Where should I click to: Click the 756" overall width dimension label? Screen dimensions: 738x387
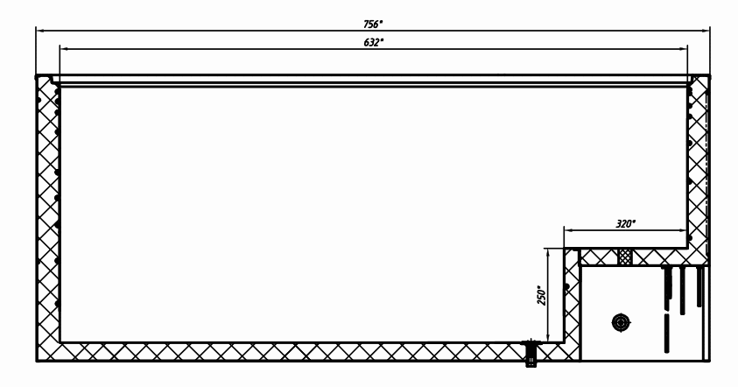point(373,24)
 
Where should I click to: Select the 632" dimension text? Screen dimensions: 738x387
point(373,42)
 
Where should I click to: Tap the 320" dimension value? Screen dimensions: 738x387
point(626,223)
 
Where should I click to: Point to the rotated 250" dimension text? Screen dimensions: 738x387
point(541,295)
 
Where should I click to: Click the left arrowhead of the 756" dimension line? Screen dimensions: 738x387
point(40,31)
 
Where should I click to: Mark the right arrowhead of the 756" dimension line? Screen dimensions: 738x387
point(705,31)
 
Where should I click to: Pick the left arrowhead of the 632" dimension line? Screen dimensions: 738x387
point(65,48)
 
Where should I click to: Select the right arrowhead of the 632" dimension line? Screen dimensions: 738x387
point(683,48)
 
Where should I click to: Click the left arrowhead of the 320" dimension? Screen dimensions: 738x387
point(569,230)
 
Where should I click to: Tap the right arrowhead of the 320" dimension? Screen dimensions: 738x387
point(683,230)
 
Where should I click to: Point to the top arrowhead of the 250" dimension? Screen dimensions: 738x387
point(548,253)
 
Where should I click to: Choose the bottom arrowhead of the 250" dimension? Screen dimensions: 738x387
point(548,337)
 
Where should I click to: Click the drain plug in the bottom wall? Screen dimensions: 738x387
point(531,352)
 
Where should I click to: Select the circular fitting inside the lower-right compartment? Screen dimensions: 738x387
point(621,323)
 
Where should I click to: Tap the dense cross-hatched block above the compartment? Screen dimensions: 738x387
point(624,257)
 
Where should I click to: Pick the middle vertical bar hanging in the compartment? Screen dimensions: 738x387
point(682,290)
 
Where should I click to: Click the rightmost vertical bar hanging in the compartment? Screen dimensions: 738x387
point(699,286)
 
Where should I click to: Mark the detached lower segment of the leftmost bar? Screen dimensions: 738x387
point(666,334)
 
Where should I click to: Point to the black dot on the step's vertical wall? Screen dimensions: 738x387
point(566,286)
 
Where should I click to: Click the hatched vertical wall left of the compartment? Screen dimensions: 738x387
point(572,304)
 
